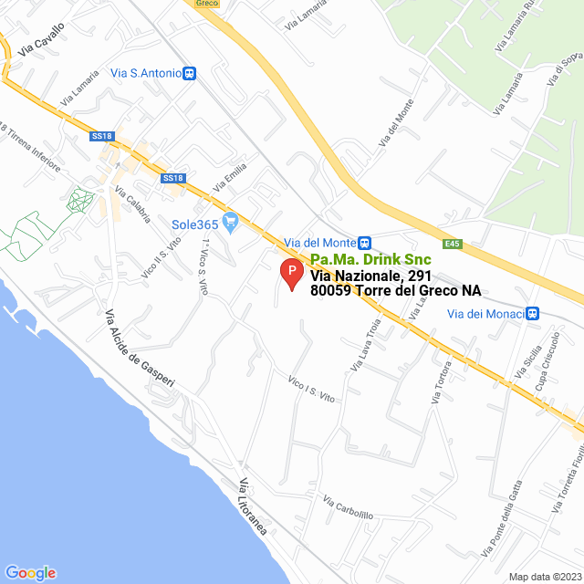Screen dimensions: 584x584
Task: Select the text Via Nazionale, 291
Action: click(370, 276)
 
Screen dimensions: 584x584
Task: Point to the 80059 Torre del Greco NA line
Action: click(395, 292)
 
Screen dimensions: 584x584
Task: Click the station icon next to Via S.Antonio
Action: click(189, 73)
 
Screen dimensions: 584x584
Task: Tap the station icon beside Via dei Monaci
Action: click(533, 314)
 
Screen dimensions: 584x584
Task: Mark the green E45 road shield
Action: click(454, 244)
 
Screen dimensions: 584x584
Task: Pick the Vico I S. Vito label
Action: click(313, 390)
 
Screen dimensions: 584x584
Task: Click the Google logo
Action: click(30, 572)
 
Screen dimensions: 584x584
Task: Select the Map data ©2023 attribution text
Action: click(543, 576)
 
